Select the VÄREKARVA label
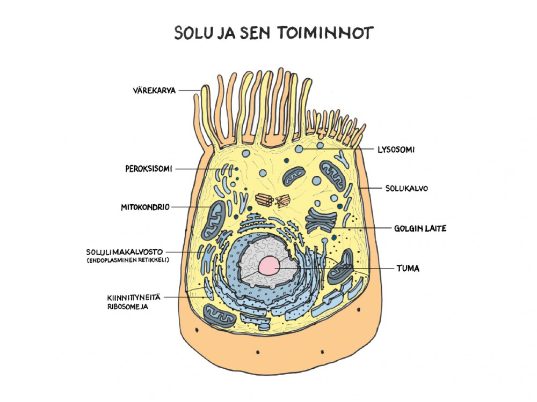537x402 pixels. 154,91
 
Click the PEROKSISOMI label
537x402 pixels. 149,168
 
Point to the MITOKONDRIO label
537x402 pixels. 145,207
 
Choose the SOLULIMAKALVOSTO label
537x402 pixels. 125,252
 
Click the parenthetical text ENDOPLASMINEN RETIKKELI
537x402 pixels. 128,260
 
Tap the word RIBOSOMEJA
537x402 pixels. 128,307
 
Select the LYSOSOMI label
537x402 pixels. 396,150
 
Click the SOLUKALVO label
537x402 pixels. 407,188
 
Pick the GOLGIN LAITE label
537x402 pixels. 420,228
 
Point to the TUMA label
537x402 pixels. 408,269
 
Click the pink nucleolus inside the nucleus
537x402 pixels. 269,266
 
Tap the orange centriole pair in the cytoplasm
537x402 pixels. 273,200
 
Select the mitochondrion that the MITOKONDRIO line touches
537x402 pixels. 213,220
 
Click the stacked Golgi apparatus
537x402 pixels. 321,220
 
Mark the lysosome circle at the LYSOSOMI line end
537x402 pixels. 299,149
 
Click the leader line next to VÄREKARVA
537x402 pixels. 190,91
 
